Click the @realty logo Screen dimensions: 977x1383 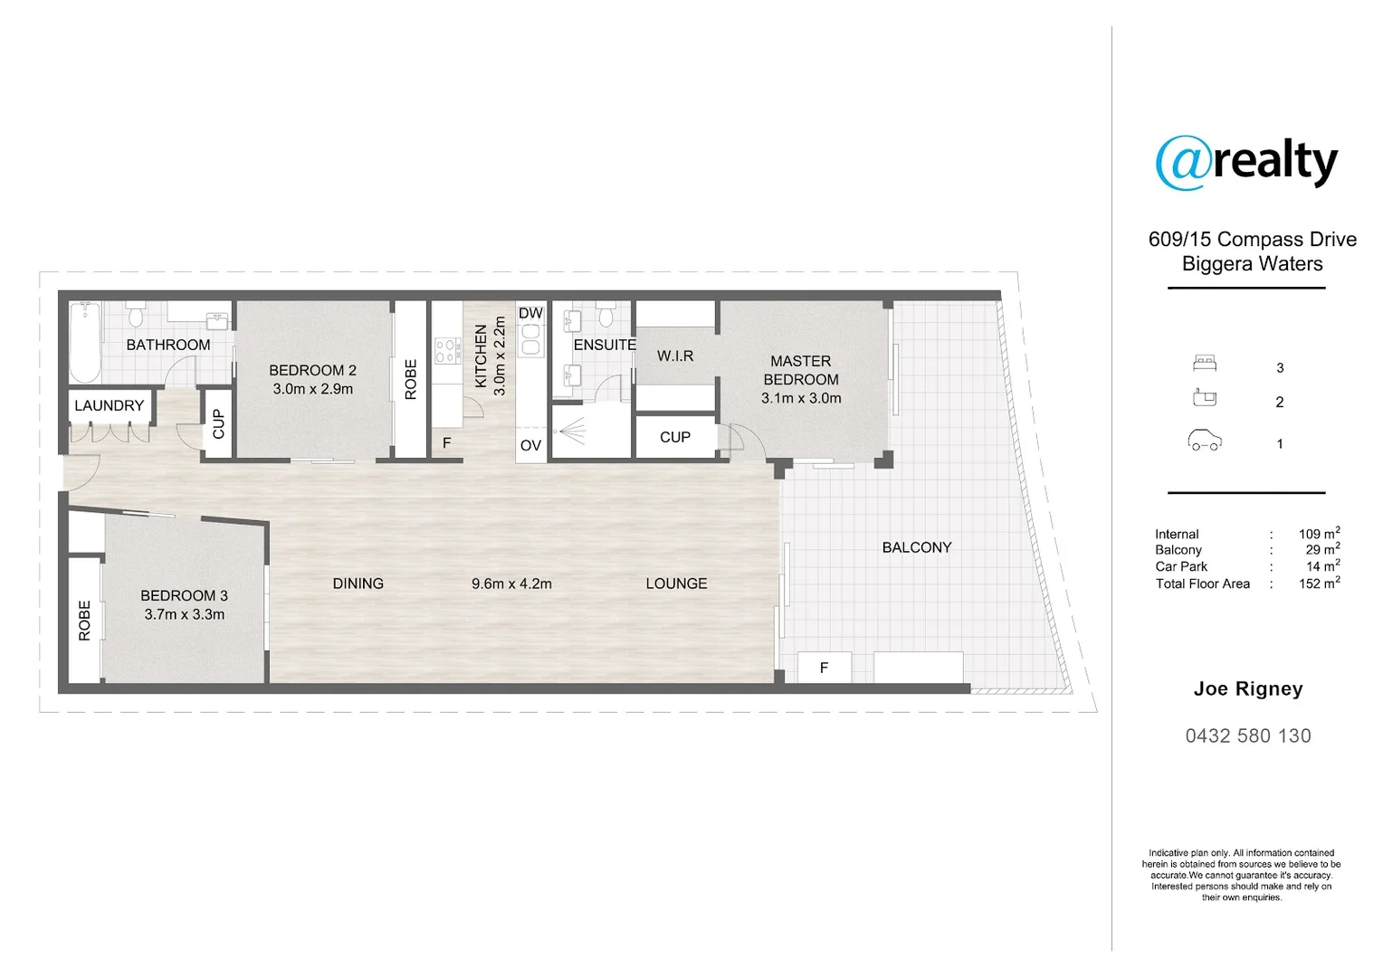[x=1246, y=163]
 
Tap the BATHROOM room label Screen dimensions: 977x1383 [x=168, y=345]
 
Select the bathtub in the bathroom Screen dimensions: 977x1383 [x=85, y=342]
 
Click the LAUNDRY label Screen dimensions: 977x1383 [x=109, y=405]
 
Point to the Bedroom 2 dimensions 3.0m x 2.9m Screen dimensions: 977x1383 [x=313, y=389]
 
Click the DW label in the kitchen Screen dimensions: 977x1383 [x=530, y=313]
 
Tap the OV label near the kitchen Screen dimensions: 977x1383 [x=530, y=445]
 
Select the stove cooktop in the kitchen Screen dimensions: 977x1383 [x=446, y=350]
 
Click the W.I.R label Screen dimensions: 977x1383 [x=675, y=356]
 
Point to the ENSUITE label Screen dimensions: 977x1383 [x=605, y=345]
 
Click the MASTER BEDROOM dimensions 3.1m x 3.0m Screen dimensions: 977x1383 [x=801, y=398]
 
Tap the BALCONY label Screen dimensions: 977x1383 [x=917, y=547]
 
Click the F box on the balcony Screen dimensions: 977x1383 [x=824, y=668]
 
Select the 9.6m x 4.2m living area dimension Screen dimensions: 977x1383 [x=511, y=584]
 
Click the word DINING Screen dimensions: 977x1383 [x=358, y=583]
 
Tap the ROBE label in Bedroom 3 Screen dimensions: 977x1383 [x=85, y=621]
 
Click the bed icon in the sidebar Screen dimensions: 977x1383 [x=1204, y=364]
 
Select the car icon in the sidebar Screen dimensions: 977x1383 [x=1205, y=441]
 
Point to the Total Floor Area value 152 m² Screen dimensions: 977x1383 [x=1319, y=583]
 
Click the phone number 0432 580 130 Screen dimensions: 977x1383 [x=1248, y=736]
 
